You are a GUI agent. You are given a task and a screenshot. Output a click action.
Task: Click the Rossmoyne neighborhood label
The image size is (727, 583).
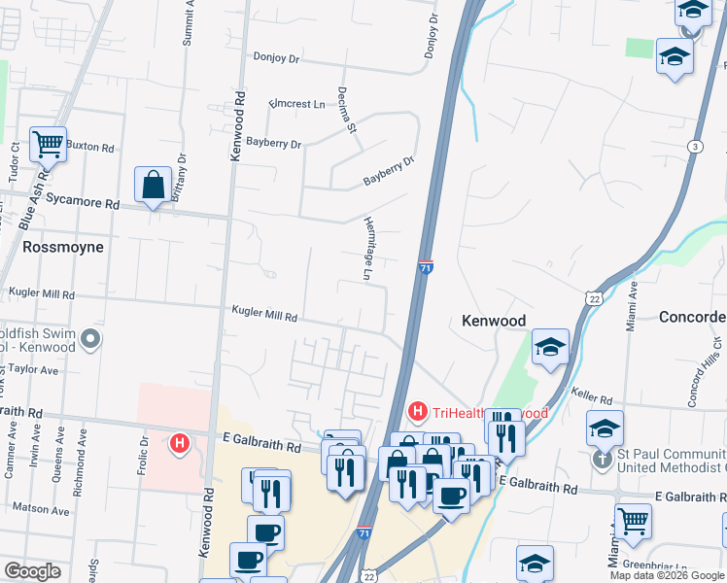click(63, 247)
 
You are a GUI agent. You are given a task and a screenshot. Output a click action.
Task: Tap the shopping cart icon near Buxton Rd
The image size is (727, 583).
click(48, 145)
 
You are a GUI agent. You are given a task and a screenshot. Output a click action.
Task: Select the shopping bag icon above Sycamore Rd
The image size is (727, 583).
click(154, 184)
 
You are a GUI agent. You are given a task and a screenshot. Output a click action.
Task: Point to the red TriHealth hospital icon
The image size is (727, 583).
click(418, 412)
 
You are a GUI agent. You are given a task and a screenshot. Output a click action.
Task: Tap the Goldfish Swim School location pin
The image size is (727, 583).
click(90, 339)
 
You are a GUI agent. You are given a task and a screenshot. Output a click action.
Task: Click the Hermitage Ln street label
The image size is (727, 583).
click(368, 249)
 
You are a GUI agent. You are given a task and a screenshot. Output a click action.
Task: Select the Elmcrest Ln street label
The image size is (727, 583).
click(297, 103)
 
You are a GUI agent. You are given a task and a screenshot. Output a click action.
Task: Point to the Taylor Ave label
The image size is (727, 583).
click(34, 370)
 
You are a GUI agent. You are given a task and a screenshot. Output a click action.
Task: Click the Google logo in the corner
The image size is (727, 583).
click(32, 571)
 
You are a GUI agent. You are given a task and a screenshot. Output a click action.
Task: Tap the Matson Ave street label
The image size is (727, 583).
click(41, 509)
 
